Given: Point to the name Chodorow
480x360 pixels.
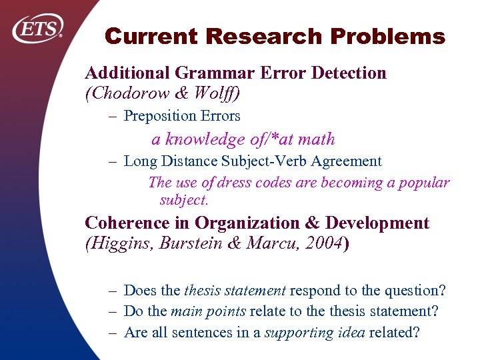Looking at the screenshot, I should pos(129,93).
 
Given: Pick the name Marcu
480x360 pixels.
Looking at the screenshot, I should pos(270,244).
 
